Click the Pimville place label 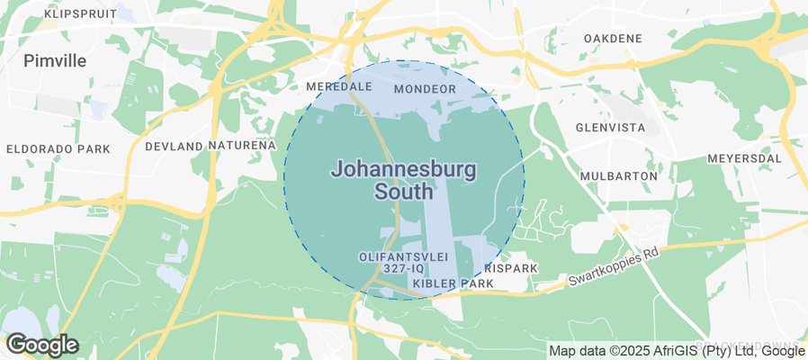click(x=55, y=60)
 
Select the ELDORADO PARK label click(x=58, y=148)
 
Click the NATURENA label click(x=243, y=145)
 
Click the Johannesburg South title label click(x=404, y=180)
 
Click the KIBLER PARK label click(x=453, y=283)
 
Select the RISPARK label click(x=510, y=268)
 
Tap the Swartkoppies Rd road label click(x=614, y=268)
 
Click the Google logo click(x=42, y=345)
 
